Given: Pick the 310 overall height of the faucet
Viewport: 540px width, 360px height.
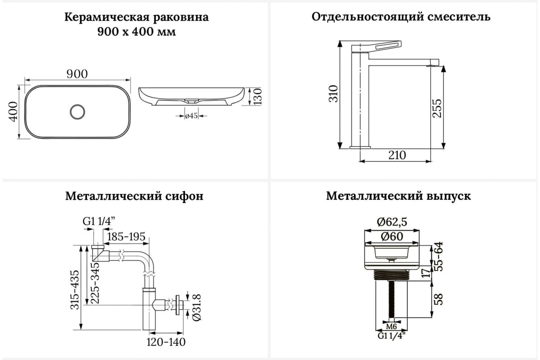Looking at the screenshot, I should click(333, 94).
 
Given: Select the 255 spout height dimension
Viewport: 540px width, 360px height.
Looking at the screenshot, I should click(437, 108).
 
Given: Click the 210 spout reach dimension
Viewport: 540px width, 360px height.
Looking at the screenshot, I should click(396, 155).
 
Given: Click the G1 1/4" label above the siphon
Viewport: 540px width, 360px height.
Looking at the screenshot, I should click(99, 221).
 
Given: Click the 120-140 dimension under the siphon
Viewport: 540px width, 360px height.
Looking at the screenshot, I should click(166, 342).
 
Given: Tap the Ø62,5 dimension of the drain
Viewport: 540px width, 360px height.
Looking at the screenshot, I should click(391, 222).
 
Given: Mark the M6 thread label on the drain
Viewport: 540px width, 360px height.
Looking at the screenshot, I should click(391, 326).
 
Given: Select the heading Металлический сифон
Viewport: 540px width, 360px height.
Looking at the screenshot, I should click(134, 196).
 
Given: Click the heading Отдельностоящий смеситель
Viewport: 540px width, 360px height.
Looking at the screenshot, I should click(401, 17).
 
